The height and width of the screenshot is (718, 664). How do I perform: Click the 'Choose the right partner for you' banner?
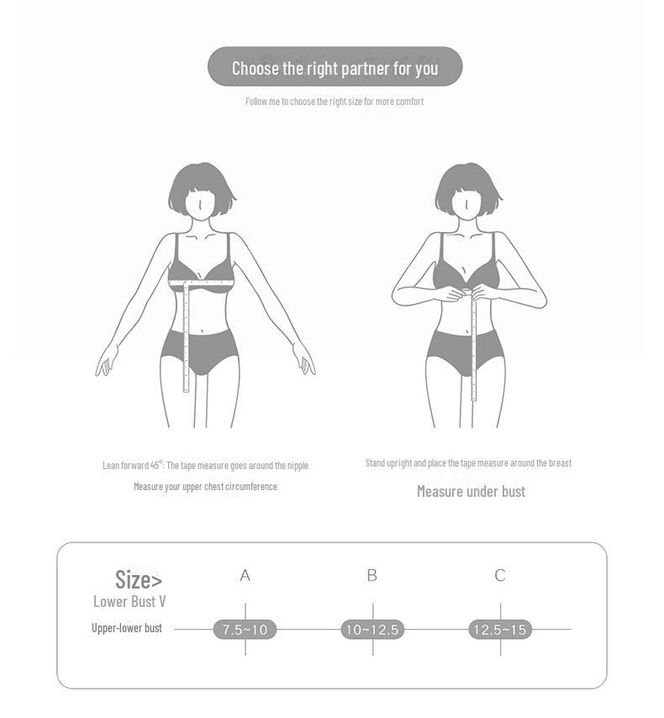335,67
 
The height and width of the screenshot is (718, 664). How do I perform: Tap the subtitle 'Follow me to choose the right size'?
335,102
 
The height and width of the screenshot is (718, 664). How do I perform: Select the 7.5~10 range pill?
245,630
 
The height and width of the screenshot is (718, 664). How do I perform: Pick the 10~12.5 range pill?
372,630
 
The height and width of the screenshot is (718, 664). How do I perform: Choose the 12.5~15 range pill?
500,630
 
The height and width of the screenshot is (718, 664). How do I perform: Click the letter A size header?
245,576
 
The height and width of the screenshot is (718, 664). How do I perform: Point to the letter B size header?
372,576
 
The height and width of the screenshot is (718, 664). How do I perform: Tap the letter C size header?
500,576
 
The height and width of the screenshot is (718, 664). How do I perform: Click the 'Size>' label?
139,579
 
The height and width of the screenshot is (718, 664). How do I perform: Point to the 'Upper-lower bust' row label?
127,628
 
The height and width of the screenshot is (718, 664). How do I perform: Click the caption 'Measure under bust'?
471,492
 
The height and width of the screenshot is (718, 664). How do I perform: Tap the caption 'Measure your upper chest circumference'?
205,487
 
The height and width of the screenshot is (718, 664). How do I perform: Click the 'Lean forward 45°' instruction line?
205,465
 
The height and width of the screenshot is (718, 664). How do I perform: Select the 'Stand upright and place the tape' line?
468,463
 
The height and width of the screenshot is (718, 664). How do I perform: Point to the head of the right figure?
468,191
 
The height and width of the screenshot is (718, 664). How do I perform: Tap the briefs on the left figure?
200,350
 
